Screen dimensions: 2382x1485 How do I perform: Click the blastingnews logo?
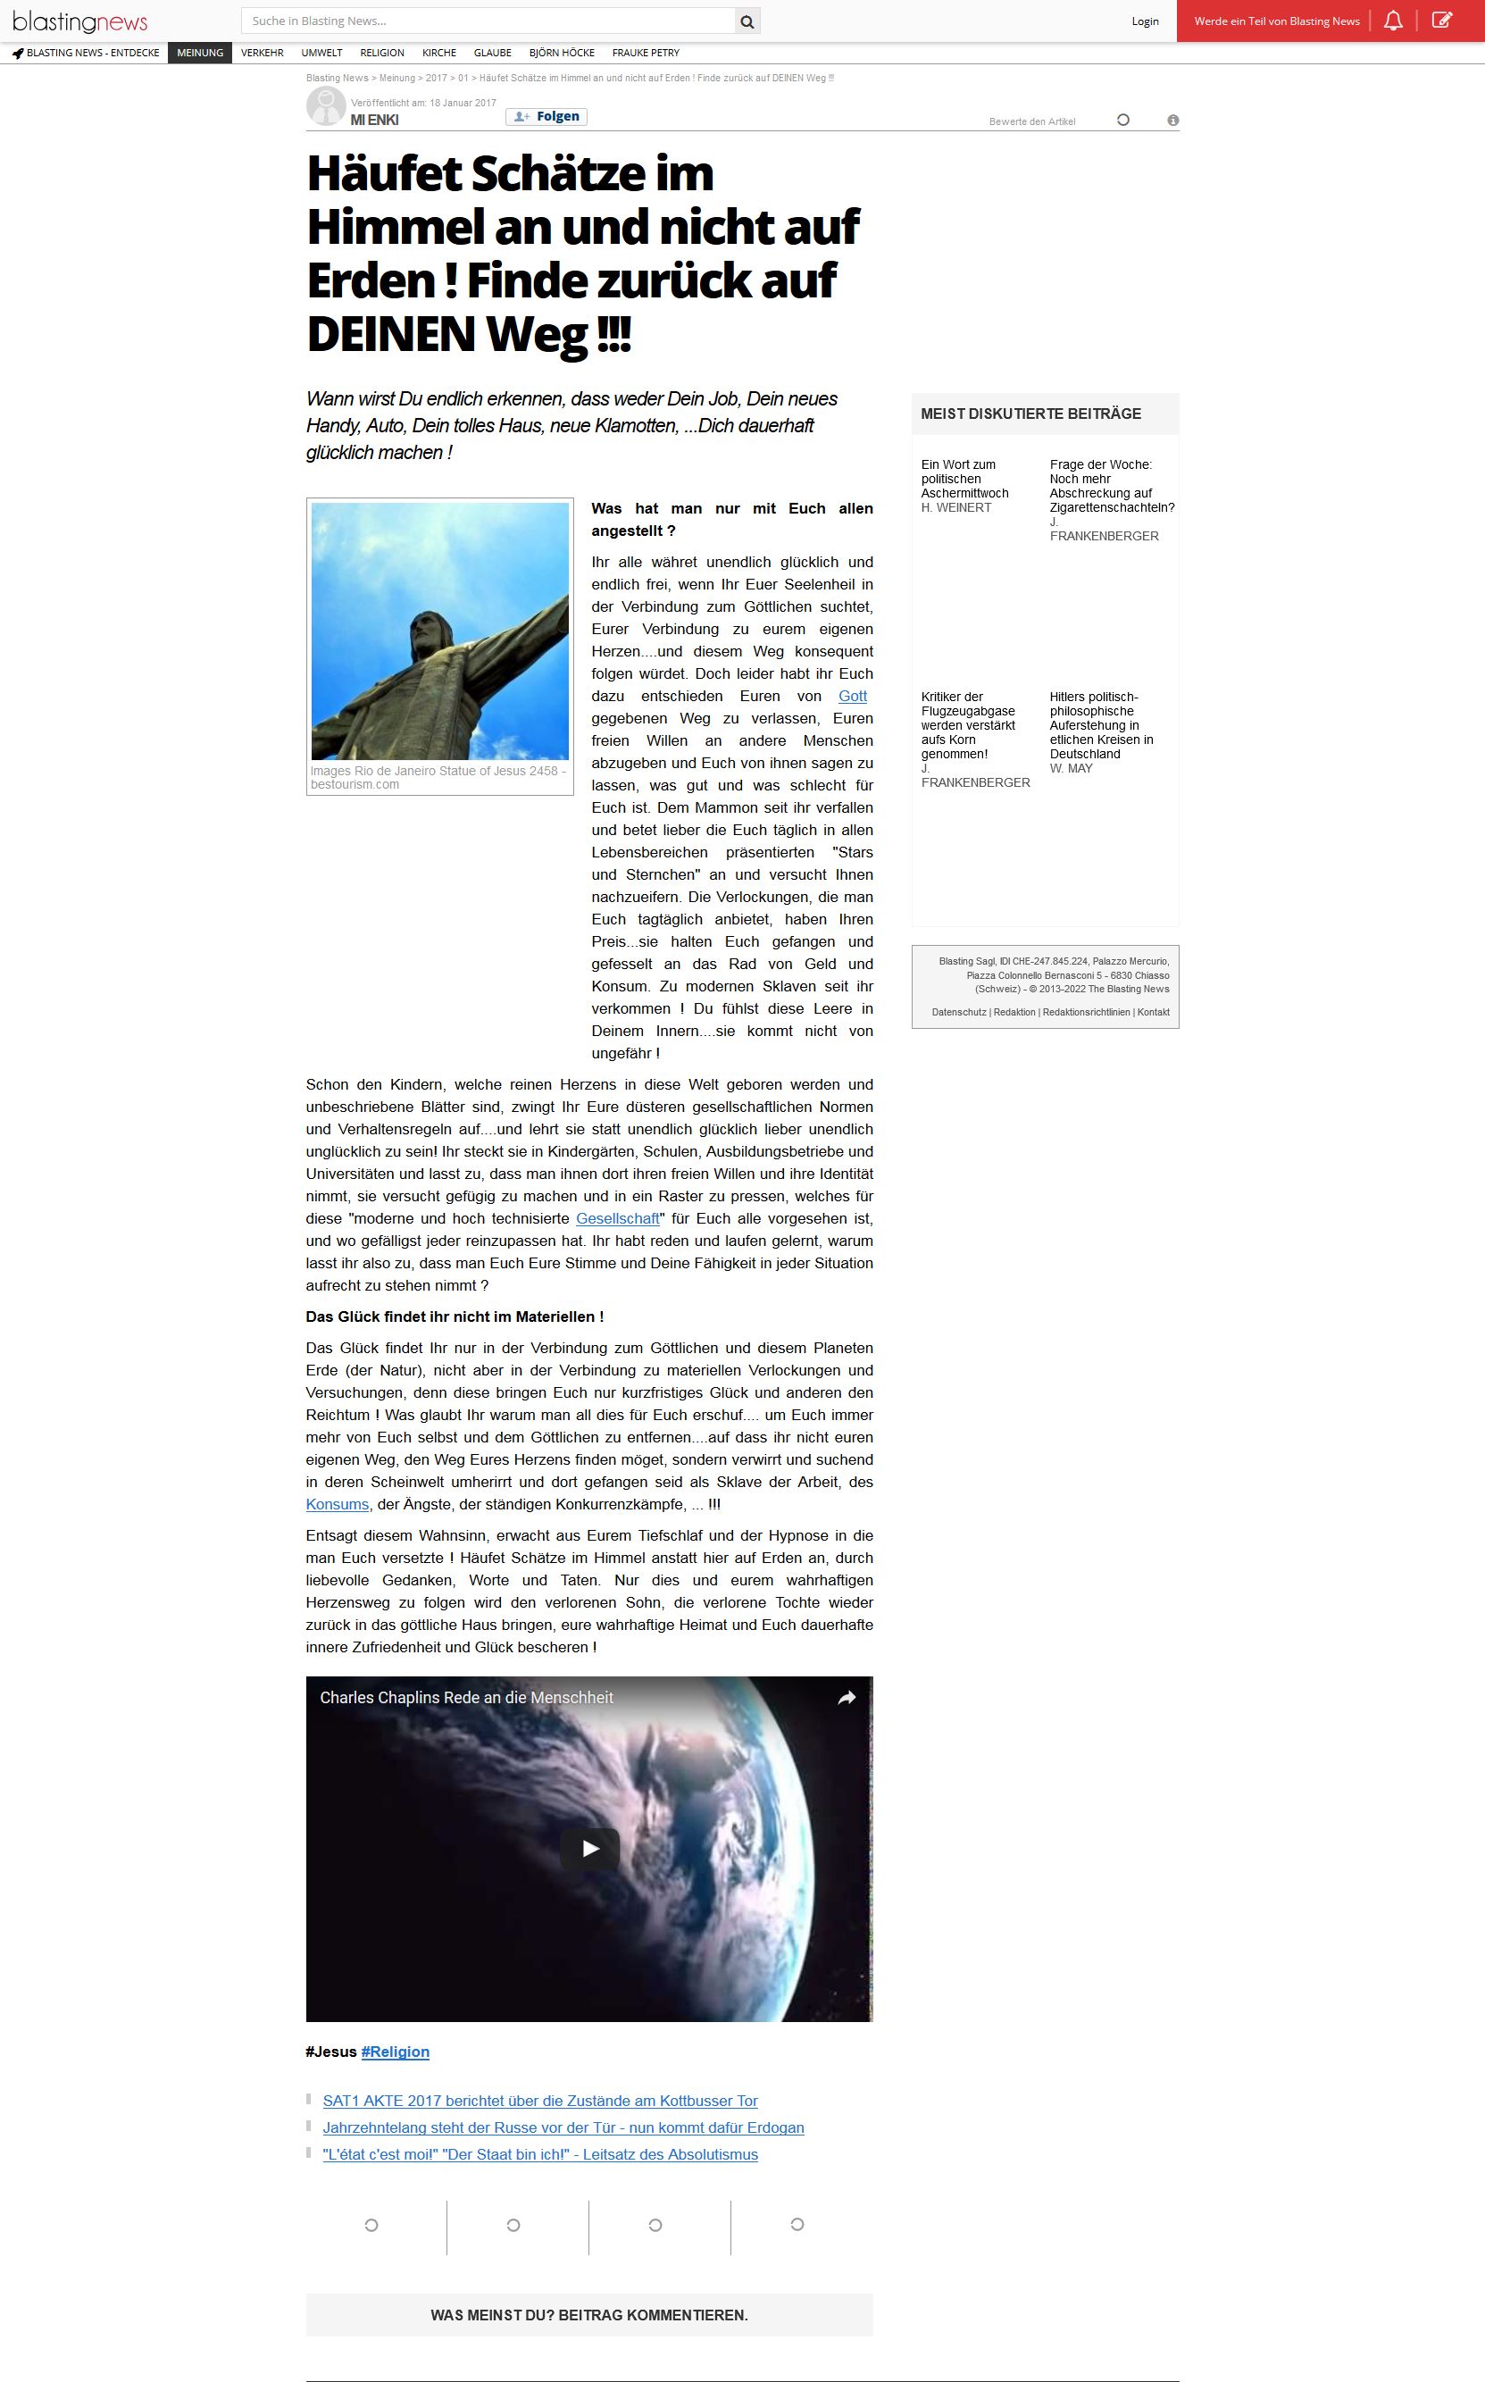pos(79,21)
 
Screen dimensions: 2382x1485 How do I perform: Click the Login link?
pos(1144,21)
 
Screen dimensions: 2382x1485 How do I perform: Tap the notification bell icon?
pos(1393,21)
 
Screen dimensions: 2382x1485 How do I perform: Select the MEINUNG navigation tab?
pos(200,53)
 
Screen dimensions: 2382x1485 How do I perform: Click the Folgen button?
pos(547,117)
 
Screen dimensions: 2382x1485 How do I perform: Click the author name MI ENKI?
pos(374,120)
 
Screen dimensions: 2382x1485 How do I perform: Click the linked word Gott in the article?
pos(852,697)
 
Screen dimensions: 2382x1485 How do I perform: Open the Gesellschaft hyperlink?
pos(618,1219)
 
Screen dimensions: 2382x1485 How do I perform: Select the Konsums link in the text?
pos(337,1505)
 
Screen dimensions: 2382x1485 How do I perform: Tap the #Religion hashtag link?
pos(395,2052)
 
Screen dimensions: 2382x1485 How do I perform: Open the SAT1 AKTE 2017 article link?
pos(540,2101)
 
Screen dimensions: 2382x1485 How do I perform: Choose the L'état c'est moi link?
pos(540,2155)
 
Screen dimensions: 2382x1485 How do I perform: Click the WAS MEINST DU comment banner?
pos(589,2315)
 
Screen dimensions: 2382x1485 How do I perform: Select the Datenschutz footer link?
pos(958,1012)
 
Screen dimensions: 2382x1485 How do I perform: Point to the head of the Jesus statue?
pos(426,626)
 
